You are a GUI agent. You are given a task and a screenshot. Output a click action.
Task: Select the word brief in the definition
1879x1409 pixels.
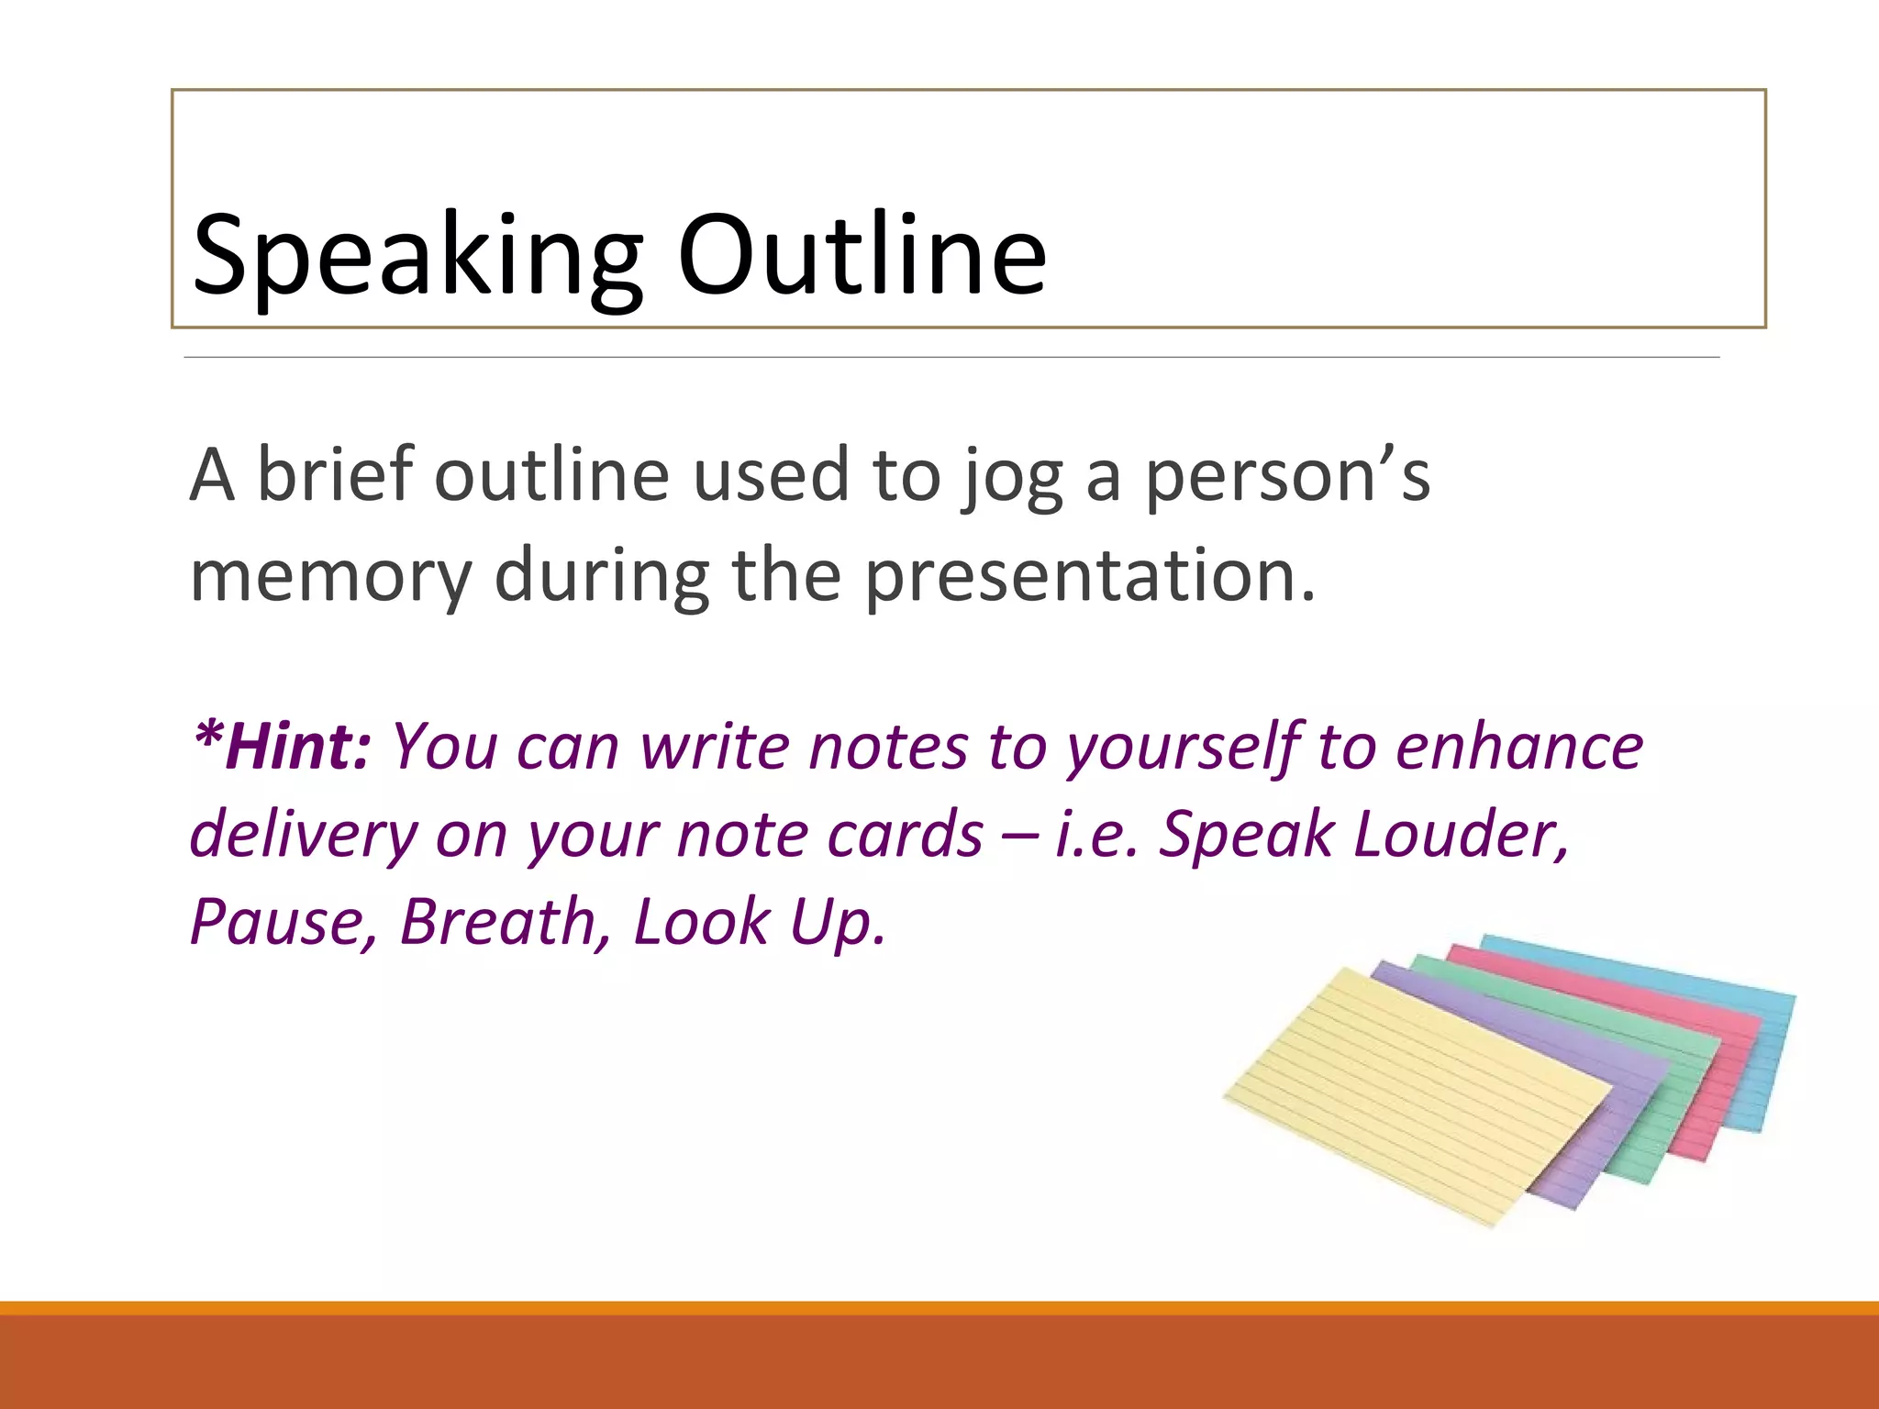[x=334, y=474]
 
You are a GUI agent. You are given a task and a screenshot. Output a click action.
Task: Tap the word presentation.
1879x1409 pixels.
[x=1090, y=576]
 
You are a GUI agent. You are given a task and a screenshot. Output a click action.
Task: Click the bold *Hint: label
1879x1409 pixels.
[x=281, y=746]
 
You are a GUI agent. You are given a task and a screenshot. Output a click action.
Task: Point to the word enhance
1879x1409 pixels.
[x=1519, y=746]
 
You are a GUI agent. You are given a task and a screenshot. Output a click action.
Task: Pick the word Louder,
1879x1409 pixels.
[x=1462, y=833]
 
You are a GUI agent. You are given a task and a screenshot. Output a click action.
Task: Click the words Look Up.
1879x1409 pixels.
[x=760, y=920]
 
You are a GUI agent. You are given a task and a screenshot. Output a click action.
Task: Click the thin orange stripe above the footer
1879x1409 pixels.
[x=939, y=1308]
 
